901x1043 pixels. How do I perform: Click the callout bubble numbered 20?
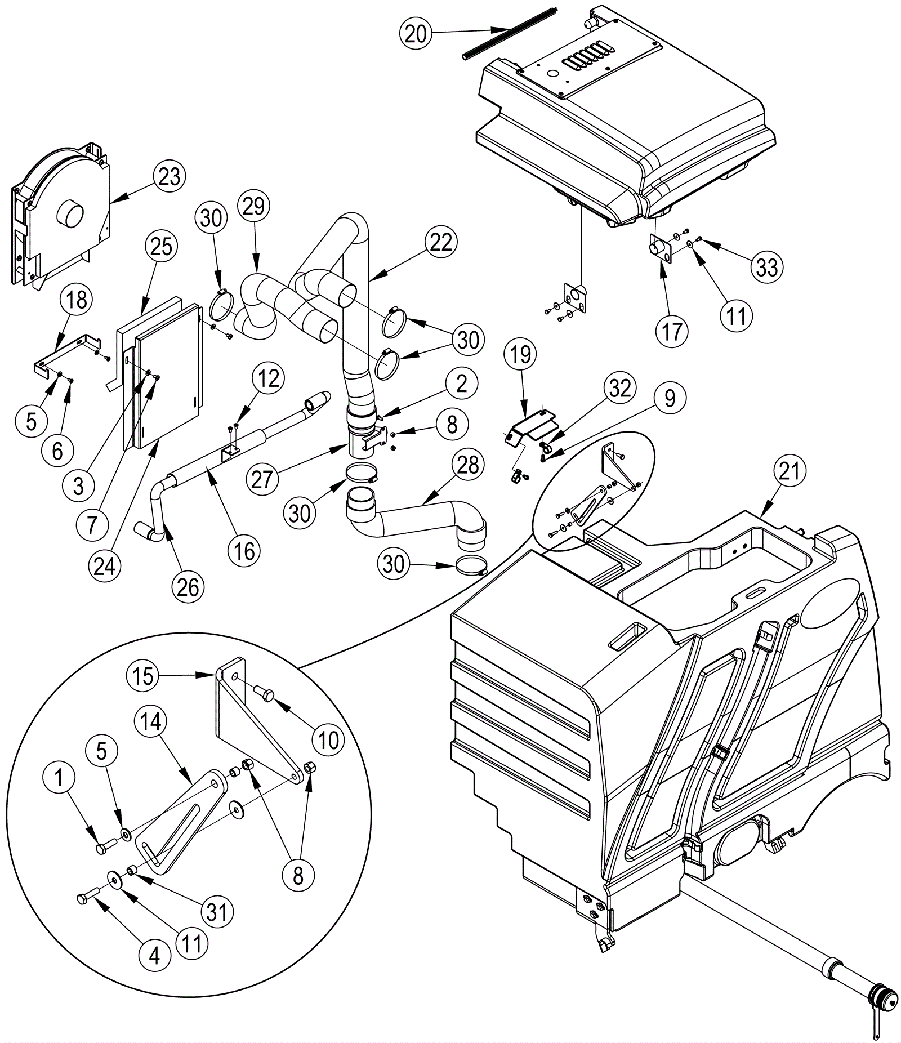click(416, 34)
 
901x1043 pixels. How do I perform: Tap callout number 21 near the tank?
click(790, 471)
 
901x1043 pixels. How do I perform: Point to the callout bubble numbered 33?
click(766, 267)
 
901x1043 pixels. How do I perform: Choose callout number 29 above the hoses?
click(253, 206)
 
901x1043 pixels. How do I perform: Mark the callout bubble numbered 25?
click(161, 246)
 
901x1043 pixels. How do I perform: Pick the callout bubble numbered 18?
click(77, 300)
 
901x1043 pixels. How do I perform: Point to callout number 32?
click(619, 388)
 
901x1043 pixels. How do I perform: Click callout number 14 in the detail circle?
click(150, 721)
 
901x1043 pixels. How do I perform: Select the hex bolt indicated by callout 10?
click(264, 693)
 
